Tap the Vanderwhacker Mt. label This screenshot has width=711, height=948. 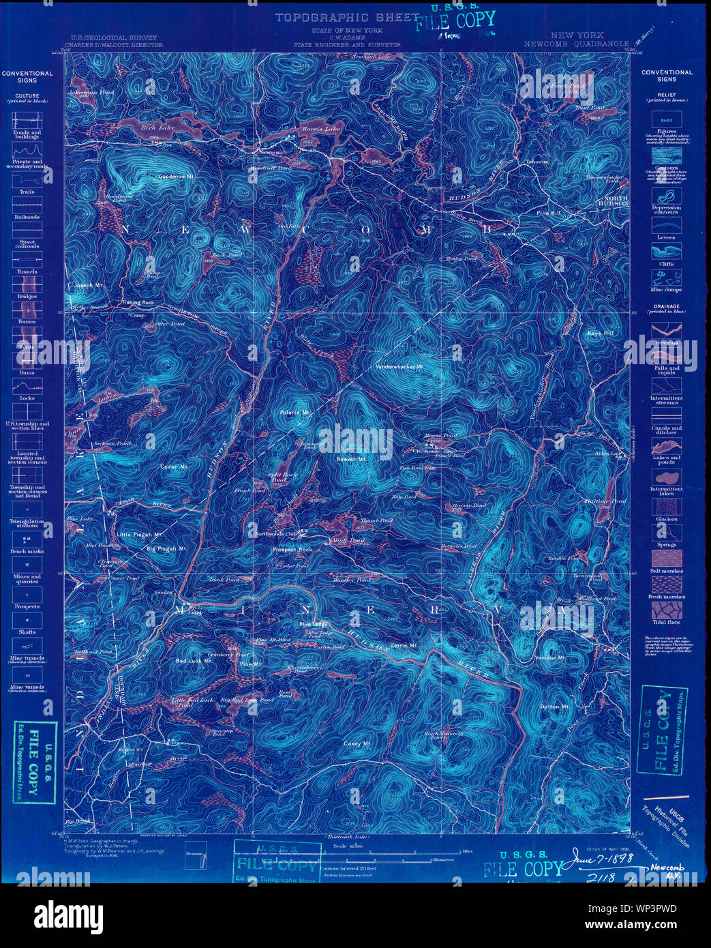coord(399,367)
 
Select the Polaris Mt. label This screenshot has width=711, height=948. coord(295,413)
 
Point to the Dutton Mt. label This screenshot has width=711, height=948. coord(554,707)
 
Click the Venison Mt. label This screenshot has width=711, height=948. coord(549,657)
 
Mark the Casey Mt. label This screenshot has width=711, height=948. coord(357,743)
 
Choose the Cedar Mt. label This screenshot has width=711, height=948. coord(174,466)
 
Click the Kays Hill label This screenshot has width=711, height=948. coord(600,334)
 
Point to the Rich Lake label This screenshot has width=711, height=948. coord(157,128)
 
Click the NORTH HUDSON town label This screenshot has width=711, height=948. coord(613,201)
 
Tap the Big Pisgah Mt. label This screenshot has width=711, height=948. coord(167,548)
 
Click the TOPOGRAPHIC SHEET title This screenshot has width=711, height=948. coord(346,18)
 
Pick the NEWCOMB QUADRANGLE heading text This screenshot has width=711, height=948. coord(576,44)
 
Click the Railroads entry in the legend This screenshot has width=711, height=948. coord(27,217)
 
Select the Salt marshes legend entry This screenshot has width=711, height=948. coord(666,571)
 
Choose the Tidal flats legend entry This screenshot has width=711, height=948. coord(666,621)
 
